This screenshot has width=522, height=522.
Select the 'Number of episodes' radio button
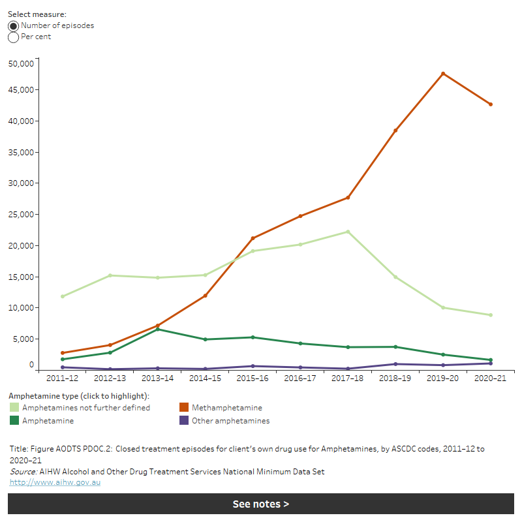pos(14,25)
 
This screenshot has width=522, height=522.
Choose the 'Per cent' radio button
pos(14,37)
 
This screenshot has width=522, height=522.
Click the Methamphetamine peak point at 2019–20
pos(443,74)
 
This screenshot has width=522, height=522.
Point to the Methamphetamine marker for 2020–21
pos(491,104)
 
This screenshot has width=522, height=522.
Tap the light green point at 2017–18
pos(348,232)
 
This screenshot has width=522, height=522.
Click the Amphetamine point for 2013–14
pos(158,329)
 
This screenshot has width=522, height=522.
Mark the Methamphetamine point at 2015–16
pos(253,238)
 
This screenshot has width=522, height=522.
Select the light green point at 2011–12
pos(63,296)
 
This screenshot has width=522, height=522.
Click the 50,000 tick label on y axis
pos(20,63)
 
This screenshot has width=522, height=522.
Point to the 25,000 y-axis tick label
pos(20,214)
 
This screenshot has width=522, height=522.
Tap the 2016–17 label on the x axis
pos(300,378)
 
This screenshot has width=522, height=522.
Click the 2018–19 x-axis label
pos(395,378)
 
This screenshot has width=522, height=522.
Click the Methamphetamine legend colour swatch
pos(184,408)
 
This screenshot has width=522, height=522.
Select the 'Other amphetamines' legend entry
pos(230,421)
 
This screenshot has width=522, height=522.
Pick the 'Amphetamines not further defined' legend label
pos(86,408)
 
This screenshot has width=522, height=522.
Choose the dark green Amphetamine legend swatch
pos(14,421)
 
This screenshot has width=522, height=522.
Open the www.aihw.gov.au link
pos(55,482)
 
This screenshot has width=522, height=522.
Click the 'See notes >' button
pos(261,504)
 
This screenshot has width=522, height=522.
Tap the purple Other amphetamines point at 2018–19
pos(395,364)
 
